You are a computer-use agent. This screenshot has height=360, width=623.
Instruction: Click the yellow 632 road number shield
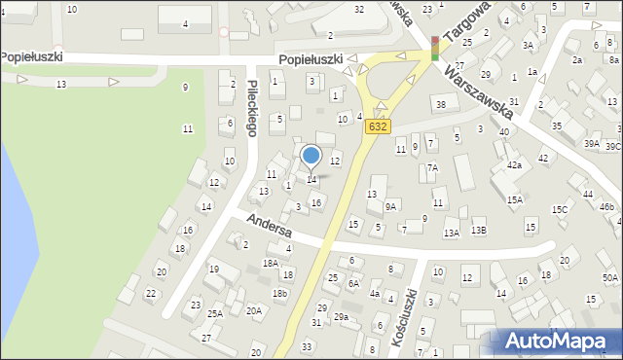(x=378, y=126)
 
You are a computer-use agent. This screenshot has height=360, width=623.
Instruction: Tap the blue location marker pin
(x=311, y=156)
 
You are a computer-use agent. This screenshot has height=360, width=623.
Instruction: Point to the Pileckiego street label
(x=252, y=107)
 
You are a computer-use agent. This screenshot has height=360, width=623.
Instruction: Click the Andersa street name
(x=269, y=227)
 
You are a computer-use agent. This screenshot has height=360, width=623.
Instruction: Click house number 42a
(x=513, y=165)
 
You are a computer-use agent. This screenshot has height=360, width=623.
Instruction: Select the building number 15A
(x=515, y=199)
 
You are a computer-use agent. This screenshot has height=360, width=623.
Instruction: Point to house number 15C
(x=560, y=209)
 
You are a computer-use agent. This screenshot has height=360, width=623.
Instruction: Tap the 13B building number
(x=478, y=231)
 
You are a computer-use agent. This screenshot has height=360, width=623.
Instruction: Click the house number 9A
(x=390, y=206)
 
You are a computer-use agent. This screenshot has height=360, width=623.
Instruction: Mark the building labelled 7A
(x=432, y=167)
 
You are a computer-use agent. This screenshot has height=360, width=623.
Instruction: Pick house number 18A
(x=271, y=263)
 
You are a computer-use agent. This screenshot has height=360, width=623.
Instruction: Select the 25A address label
(x=214, y=313)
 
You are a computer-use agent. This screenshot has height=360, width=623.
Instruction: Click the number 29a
(x=341, y=317)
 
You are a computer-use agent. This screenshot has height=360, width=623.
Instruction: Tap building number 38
(x=440, y=104)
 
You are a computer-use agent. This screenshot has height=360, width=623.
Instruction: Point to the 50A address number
(x=609, y=277)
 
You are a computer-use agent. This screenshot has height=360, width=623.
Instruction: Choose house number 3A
(x=528, y=45)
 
